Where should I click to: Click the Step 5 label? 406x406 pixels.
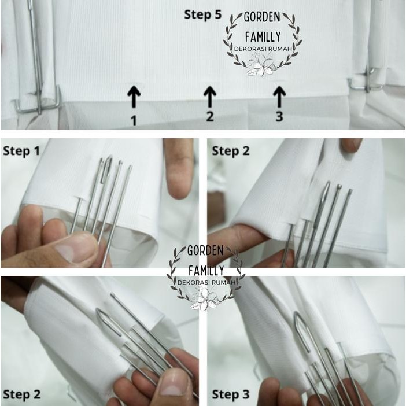coord(203,14)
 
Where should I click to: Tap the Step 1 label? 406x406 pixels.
coord(21,151)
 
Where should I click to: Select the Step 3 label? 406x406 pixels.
coord(231,394)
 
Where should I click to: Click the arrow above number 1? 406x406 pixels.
coord(134,97)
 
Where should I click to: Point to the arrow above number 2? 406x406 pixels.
coord(210,97)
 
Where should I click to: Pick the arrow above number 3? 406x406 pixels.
coord(279,97)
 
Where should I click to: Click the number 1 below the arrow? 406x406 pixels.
coord(134,120)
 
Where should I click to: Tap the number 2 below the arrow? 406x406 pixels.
coord(210,116)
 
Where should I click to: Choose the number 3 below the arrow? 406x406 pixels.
coord(279,116)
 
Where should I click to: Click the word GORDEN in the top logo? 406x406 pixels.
coord(262,17)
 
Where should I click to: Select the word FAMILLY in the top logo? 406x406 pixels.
coord(263,37)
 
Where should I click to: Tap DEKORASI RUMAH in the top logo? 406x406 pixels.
coord(263,49)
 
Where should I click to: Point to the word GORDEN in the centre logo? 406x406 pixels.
coord(205,250)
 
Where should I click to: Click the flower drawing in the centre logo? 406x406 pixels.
coord(205,298)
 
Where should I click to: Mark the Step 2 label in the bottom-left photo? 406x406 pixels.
coord(21,394)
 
